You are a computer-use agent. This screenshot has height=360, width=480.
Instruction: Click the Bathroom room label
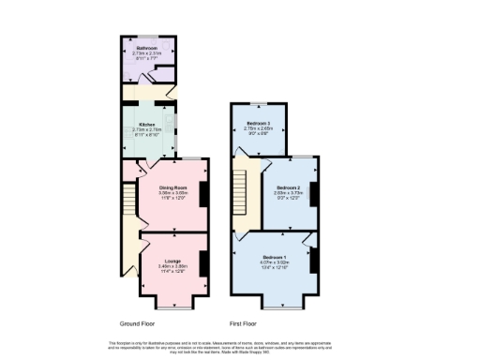coord(146,48)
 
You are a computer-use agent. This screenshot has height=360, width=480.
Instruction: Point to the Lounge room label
coord(172,261)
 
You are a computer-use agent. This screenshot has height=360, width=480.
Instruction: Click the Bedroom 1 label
coord(275,257)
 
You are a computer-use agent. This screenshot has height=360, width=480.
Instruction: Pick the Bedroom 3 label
coord(258,124)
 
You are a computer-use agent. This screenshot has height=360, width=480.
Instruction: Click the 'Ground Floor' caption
coord(139,322)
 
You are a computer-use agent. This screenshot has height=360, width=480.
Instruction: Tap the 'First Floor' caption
coord(243,322)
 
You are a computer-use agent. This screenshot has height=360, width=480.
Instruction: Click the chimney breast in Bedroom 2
coord(315,193)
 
